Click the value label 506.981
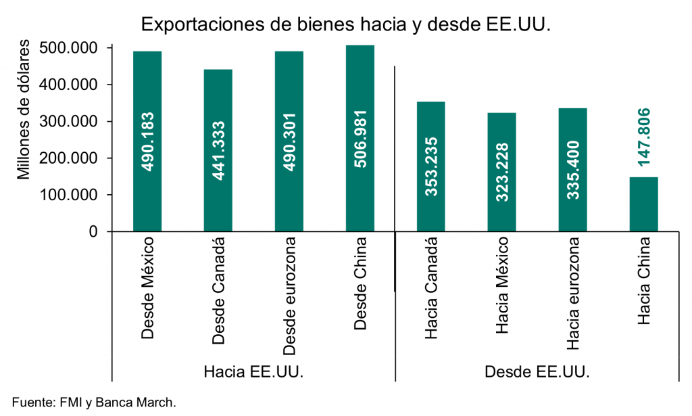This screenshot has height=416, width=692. point(360,139)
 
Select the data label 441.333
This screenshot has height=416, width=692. point(218,150)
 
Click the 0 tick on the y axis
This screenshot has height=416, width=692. point(92,232)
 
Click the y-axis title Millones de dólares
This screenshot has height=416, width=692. point(24,111)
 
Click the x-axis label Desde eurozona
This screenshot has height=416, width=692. point(289,296)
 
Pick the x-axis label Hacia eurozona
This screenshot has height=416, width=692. point(573,294)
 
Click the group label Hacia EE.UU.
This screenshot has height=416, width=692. point(253,372)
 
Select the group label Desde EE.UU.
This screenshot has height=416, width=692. point(537,372)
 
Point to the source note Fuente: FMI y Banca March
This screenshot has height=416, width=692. point(94,402)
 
